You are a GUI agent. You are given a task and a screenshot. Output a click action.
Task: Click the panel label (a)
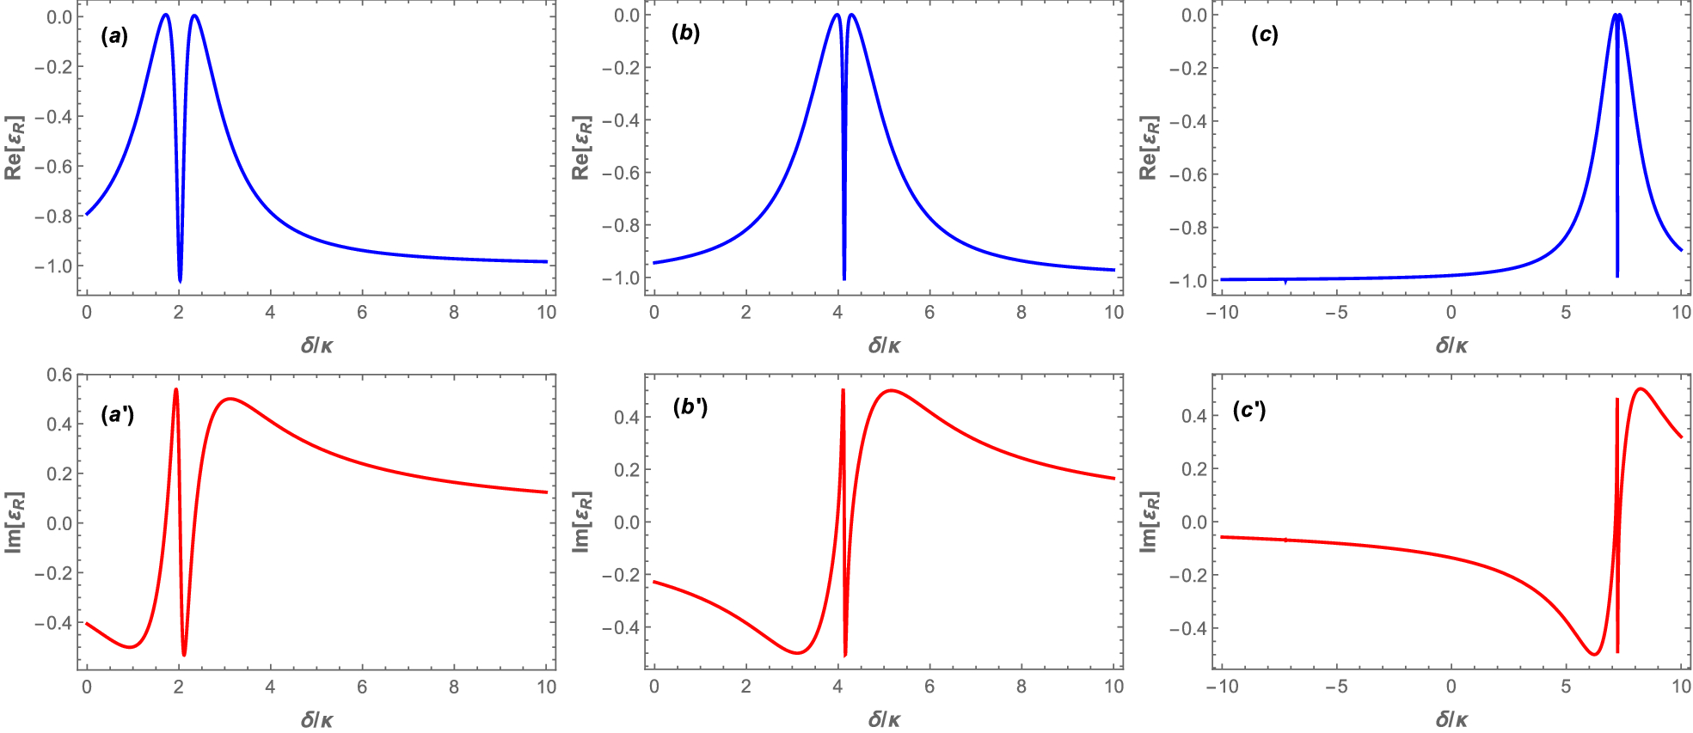click(113, 36)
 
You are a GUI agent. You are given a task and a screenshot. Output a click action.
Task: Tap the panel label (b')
click(689, 406)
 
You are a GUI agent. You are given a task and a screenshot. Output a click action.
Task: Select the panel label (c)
click(1264, 34)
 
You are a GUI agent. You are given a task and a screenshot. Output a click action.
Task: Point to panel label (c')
click(1248, 410)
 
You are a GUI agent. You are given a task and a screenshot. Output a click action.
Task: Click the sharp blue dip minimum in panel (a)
click(180, 281)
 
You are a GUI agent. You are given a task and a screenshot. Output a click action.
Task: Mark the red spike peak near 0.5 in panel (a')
click(176, 389)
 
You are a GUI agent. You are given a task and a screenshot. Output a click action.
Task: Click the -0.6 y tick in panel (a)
click(53, 167)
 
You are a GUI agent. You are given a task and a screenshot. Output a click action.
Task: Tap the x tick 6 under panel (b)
click(929, 313)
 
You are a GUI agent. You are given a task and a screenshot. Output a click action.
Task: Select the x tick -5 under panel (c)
click(1335, 313)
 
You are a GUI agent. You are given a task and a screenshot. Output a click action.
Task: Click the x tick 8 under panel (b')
click(1021, 687)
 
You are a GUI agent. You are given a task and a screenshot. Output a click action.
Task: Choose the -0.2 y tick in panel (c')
click(1187, 575)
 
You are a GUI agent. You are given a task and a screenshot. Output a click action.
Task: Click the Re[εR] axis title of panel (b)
click(582, 148)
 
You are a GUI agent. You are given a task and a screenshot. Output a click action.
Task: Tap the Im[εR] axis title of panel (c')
click(1150, 522)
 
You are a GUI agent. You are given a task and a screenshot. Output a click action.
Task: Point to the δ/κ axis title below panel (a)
click(317, 345)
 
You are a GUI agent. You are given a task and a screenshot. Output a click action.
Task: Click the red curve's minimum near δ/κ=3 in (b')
click(798, 653)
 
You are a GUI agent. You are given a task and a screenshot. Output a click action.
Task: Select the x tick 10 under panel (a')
click(546, 687)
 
